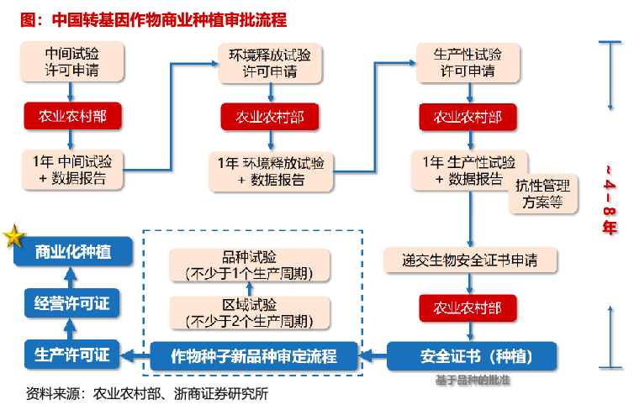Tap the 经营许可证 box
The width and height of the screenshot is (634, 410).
point(72,303)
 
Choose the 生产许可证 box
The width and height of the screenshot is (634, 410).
point(72,355)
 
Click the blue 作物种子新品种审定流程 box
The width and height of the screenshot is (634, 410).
point(254,356)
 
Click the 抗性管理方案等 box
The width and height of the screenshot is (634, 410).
point(542,194)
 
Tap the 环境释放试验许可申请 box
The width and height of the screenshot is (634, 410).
point(270,63)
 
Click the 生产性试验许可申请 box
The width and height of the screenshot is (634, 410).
point(468,62)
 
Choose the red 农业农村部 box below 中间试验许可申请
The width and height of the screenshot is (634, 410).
point(71,115)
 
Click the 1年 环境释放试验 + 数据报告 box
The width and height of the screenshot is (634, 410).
point(271,171)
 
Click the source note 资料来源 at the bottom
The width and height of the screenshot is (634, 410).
point(147,392)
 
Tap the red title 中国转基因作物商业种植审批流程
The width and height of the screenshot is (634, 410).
point(151,18)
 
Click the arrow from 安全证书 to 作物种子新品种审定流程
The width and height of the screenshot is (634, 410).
point(372,356)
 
